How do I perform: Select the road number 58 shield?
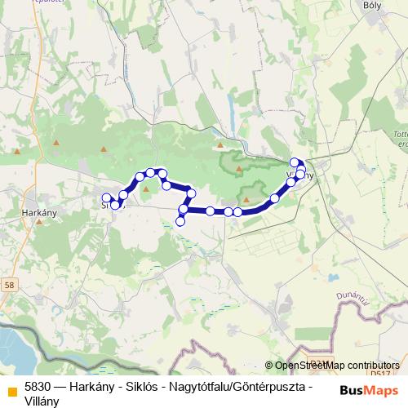coord(9,284)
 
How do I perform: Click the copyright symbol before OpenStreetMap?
coord(269,366)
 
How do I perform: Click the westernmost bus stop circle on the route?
coord(106,198)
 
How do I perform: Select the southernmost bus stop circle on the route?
coord(180,221)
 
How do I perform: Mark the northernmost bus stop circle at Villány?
coord(295,162)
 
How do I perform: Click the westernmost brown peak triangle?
coord(18,149)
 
